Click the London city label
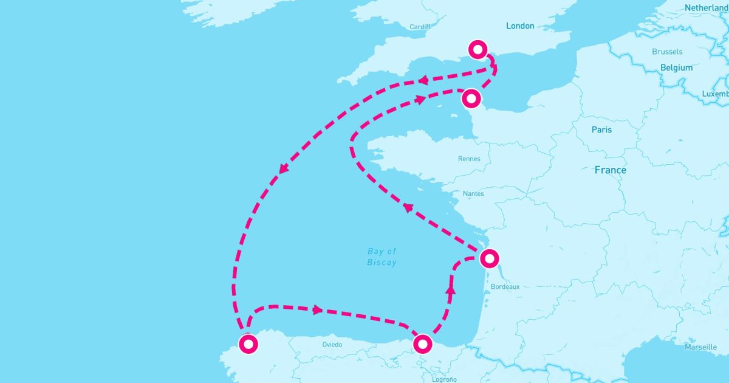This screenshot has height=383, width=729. point(520,26)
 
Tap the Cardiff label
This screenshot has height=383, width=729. point(420,27)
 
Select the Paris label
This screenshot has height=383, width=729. point(601,129)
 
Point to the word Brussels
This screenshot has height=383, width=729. point(667,52)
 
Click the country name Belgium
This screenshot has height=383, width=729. point(676,67)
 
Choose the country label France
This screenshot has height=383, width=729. point(610,170)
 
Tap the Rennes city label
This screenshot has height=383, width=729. point(469,159)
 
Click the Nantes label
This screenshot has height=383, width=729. point(473,193)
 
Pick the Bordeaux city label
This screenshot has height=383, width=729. point(505,286)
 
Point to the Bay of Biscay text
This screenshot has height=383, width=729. point(382,257)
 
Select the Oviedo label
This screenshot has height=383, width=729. point(332,345)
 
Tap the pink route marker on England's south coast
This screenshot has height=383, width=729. point(479,49)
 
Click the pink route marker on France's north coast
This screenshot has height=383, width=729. point(471,98)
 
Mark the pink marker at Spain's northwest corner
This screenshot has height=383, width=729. point(248,344)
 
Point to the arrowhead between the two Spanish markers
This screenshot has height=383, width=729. point(317,310)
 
